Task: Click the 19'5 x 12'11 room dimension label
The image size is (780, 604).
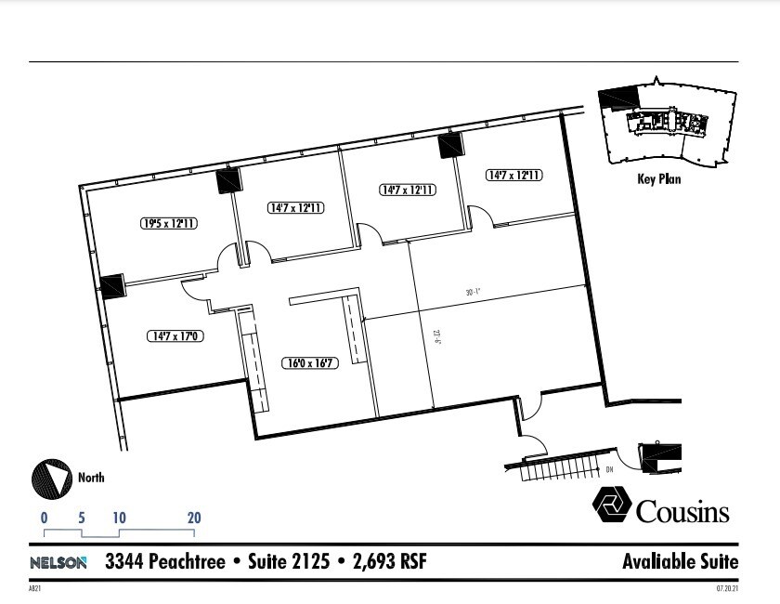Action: tap(168, 223)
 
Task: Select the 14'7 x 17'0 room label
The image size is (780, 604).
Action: tap(174, 335)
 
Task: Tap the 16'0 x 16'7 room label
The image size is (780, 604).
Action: tap(309, 363)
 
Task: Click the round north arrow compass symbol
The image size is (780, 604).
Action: tap(52, 479)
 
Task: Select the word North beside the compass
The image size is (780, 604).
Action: tap(91, 478)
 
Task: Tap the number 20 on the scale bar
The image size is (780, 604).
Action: tap(194, 519)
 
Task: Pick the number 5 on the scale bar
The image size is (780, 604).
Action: tap(82, 519)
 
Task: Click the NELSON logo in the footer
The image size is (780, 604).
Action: tap(58, 562)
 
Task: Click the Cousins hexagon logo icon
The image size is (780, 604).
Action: tap(611, 507)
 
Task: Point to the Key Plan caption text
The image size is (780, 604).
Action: tap(658, 179)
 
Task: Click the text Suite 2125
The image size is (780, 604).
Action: tap(287, 562)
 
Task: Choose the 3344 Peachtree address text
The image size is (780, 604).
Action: tap(164, 562)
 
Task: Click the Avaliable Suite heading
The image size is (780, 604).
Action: tap(680, 562)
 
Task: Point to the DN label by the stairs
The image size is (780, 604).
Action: tap(609, 469)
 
